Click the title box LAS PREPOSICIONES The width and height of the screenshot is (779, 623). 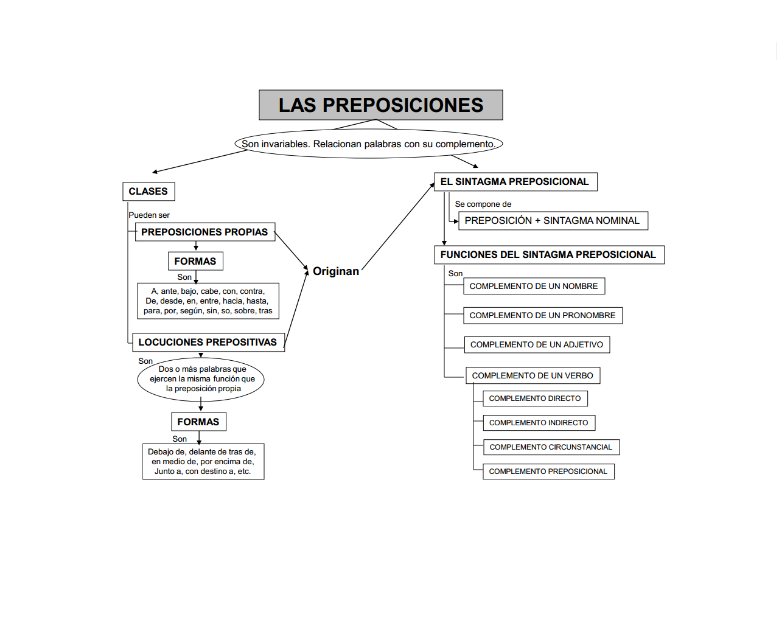click(x=381, y=105)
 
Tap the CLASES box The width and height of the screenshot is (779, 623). click(x=148, y=192)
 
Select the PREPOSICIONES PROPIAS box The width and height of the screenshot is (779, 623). click(x=204, y=232)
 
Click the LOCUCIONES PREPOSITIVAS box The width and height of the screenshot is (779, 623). click(x=208, y=343)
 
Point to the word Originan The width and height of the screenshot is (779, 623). click(x=336, y=271)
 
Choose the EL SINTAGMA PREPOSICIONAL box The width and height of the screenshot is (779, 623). click(x=515, y=182)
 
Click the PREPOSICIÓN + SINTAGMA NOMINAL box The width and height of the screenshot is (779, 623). click(x=553, y=221)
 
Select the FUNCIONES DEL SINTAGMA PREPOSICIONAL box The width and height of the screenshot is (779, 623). click(x=548, y=255)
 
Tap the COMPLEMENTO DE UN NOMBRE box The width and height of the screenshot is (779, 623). click(x=534, y=287)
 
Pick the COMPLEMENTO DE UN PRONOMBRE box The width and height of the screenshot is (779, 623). click(x=543, y=316)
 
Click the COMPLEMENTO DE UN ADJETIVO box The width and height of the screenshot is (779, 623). click(x=537, y=345)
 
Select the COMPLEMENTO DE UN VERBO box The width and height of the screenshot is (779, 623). click(x=533, y=376)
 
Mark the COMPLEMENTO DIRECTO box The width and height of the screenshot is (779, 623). click(x=535, y=399)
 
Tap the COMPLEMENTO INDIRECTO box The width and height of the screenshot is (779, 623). click(x=539, y=423)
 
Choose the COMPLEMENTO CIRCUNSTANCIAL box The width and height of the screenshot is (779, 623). click(x=551, y=447)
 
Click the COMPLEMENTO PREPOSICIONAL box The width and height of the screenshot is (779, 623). click(x=548, y=472)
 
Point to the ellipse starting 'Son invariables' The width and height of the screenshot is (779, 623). click(x=369, y=144)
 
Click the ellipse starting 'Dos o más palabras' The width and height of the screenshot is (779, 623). click(x=201, y=379)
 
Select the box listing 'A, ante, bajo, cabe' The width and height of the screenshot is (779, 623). click(x=208, y=301)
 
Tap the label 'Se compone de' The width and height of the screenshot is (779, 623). click(x=483, y=204)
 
